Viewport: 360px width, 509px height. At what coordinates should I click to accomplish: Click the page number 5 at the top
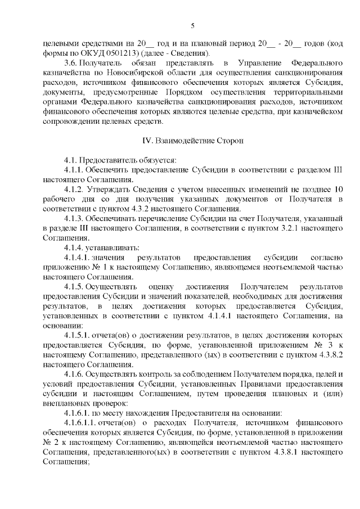192,25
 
